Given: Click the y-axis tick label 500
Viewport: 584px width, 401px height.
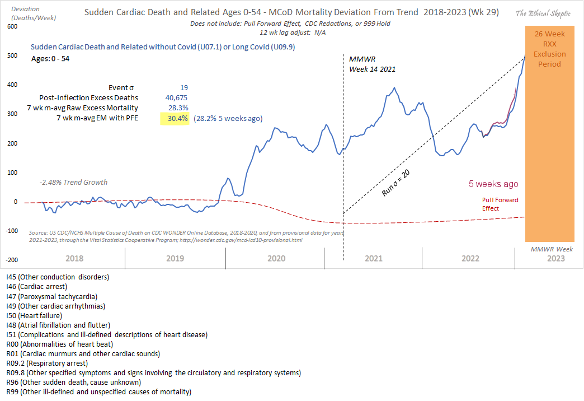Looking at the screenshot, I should pyautogui.click(x=12, y=55).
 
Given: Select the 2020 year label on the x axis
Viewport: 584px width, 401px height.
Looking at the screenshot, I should pyautogui.click(x=276, y=258).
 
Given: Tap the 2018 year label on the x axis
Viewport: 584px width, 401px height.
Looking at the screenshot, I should pyautogui.click(x=74, y=258).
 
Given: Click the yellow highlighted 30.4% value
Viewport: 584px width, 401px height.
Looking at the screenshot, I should pyautogui.click(x=175, y=118).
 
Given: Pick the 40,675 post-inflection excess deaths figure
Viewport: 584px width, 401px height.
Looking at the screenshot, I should pyautogui.click(x=175, y=97).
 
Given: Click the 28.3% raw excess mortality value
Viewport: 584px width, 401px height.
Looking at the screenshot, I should pyautogui.click(x=178, y=108).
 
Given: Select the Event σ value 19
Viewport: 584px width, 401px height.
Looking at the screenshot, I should pyautogui.click(x=183, y=87).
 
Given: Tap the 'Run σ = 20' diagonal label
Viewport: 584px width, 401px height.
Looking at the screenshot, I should pyautogui.click(x=395, y=182).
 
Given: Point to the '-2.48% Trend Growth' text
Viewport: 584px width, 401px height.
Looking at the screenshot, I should pyautogui.click(x=73, y=182).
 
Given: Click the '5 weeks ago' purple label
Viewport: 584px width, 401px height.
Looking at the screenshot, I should pyautogui.click(x=493, y=184).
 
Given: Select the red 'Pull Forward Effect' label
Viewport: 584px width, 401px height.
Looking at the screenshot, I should pyautogui.click(x=500, y=204).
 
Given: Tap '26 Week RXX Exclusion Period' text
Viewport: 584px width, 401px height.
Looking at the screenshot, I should pyautogui.click(x=549, y=49).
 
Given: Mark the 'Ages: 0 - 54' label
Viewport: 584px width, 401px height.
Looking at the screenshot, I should pyautogui.click(x=46, y=57).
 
